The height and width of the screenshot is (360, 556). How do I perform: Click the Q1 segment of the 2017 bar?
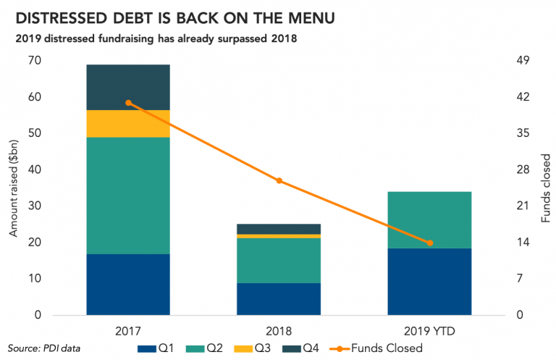pos(128,284)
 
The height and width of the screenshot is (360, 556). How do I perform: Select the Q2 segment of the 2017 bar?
pos(128,196)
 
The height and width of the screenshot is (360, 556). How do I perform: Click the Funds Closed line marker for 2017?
pos(129,103)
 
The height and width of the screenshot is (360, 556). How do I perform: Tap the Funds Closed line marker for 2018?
pos(279,181)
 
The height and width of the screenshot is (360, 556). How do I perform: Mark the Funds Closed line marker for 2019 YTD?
pos(430,243)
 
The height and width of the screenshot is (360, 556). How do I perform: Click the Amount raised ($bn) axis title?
pos(13,188)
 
